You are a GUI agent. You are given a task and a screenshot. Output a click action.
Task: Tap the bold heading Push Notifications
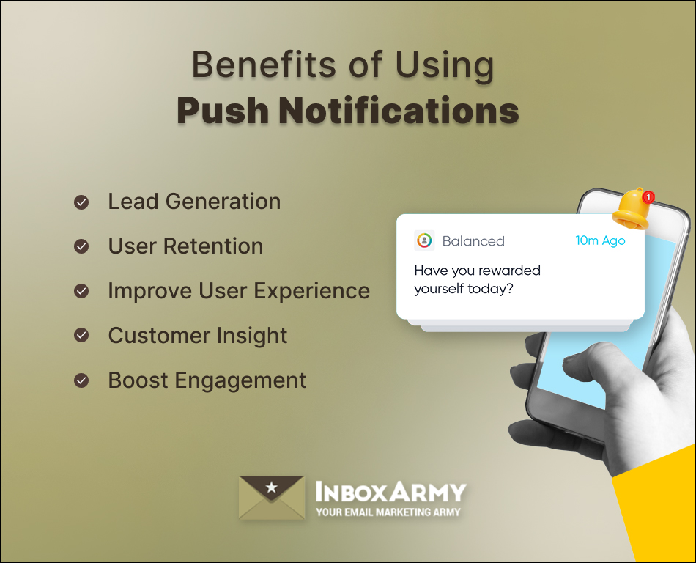(348, 111)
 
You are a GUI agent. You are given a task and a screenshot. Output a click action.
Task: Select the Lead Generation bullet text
(194, 202)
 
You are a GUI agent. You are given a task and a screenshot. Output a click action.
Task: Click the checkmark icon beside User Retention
(81, 246)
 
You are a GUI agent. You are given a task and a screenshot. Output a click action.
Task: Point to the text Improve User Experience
(239, 291)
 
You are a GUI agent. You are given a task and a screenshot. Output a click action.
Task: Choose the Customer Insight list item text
(198, 336)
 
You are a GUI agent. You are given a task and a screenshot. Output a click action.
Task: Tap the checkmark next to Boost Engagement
(81, 380)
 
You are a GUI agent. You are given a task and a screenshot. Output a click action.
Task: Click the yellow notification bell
(631, 210)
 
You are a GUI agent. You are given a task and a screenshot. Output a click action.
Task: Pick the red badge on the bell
(648, 196)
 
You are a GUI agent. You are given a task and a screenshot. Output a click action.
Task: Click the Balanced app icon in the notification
(424, 240)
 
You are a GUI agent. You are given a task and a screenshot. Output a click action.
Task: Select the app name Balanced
(473, 241)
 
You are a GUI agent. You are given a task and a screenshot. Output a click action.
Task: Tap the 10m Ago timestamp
(600, 240)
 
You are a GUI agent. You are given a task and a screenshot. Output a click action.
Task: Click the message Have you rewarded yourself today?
(477, 279)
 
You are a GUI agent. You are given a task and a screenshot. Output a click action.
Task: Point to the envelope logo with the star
(272, 498)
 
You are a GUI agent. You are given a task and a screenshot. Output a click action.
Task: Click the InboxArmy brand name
(390, 491)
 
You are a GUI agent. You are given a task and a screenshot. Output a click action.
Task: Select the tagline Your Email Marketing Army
(388, 512)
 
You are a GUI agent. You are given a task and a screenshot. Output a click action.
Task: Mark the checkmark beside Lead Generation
(81, 202)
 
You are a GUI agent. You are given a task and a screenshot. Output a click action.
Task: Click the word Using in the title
(445, 66)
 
